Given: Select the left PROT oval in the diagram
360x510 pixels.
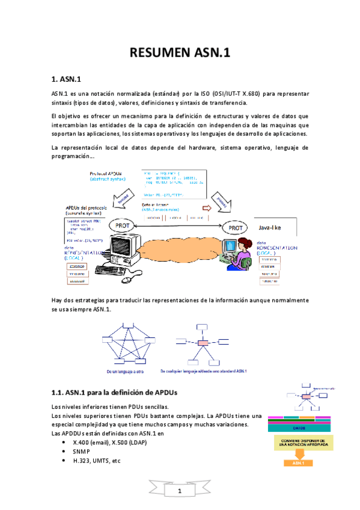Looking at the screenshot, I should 120,226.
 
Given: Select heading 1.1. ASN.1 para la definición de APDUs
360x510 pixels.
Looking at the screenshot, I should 122,393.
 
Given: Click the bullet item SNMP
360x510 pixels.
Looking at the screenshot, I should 82,451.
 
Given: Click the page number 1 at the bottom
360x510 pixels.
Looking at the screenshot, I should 179,493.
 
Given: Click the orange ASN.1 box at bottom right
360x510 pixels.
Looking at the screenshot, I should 299,464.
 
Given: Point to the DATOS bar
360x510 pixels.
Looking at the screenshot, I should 299,428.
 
